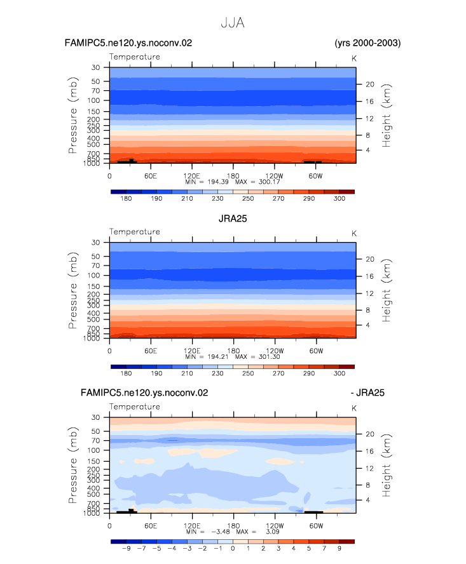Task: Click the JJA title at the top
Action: [233, 23]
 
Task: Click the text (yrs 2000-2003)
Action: [367, 43]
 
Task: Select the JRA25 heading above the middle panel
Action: [233, 218]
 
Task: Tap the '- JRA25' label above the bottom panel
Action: [367, 393]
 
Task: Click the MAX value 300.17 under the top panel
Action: [269, 182]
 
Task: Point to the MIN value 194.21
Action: [218, 357]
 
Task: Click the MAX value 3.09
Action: [273, 532]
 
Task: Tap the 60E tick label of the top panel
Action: [151, 176]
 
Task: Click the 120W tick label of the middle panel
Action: [275, 351]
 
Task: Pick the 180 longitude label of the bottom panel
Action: [233, 526]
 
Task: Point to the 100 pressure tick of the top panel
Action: [93, 100]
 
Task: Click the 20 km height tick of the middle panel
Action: [370, 259]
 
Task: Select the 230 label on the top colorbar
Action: [217, 199]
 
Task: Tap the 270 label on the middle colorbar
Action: [278, 373]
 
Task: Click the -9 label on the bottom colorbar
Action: [126, 549]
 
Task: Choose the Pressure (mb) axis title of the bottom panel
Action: [72, 465]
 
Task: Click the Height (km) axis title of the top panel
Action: [386, 116]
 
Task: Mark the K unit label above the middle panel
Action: [354, 234]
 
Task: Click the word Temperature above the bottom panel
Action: [135, 406]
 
